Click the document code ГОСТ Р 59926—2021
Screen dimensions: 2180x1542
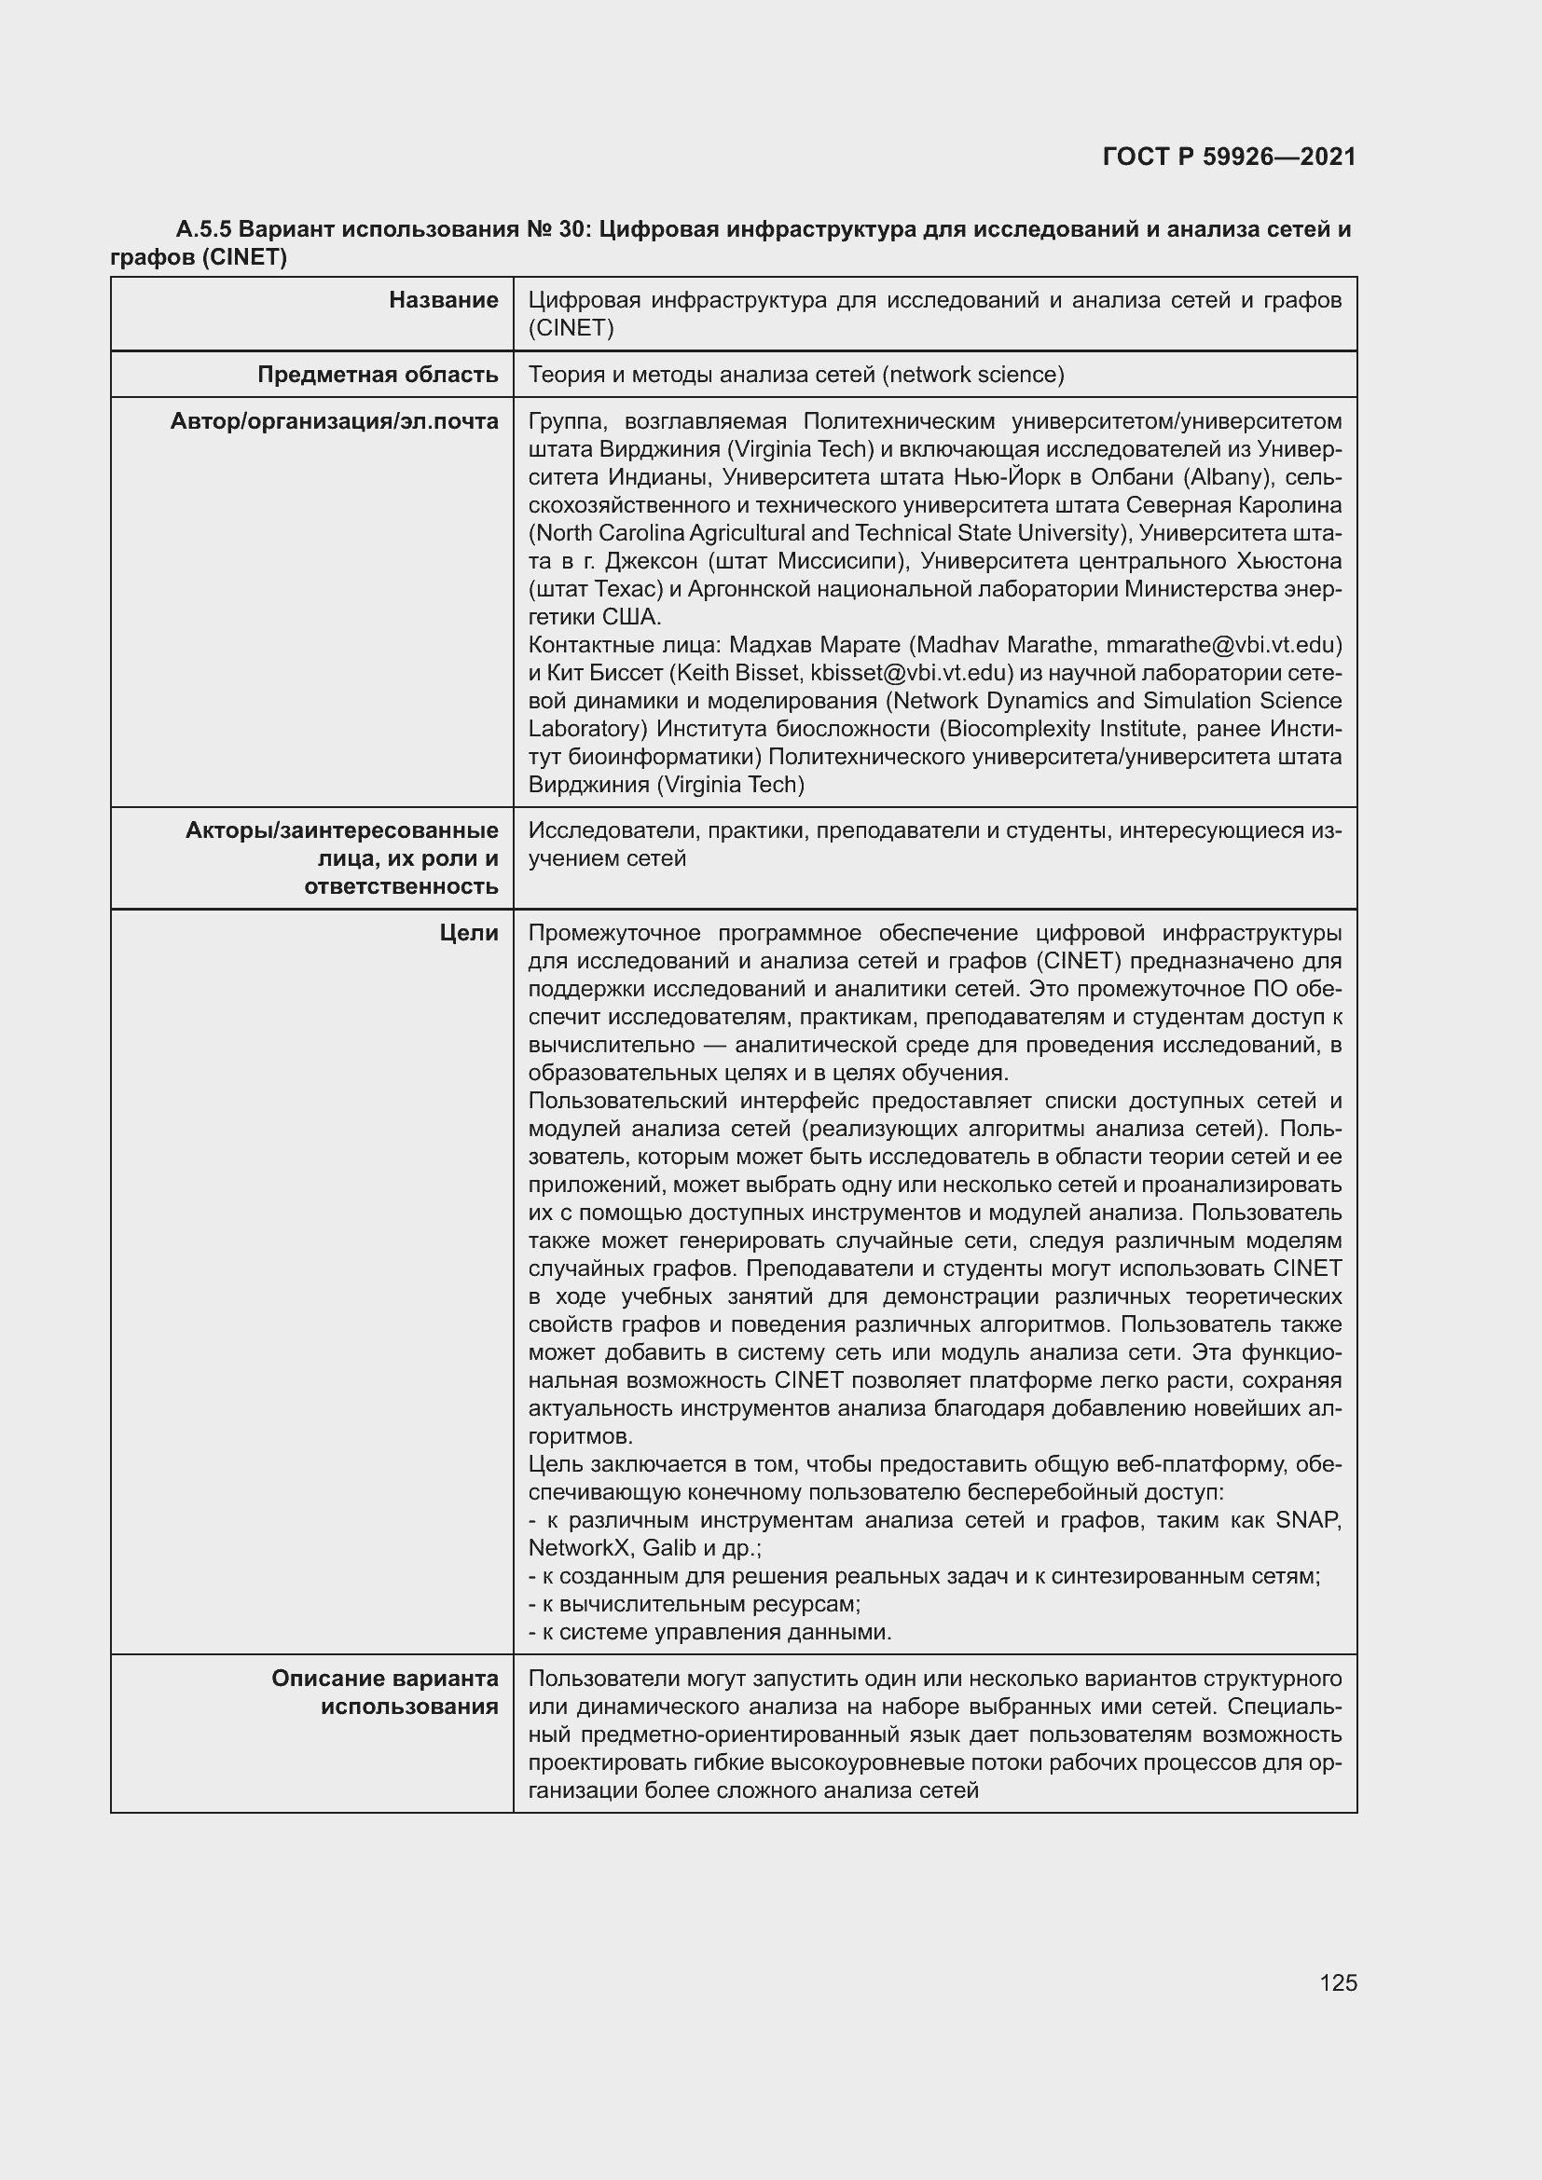coord(1229,157)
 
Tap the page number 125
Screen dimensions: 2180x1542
coord(1338,1982)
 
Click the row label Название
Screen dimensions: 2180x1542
coord(444,300)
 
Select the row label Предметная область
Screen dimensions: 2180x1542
coord(378,375)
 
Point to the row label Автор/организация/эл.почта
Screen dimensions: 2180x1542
coord(335,421)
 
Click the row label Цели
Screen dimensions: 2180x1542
coord(469,933)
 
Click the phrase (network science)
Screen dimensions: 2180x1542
coord(973,375)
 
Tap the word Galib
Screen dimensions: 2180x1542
coord(669,1548)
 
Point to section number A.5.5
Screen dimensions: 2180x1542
coord(203,230)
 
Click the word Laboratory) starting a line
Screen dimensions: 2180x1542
coord(588,729)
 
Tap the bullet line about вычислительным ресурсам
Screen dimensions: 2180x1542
coord(695,1604)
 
